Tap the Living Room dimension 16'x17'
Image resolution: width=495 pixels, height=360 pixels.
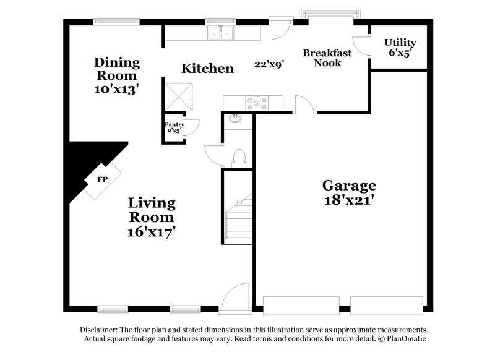[x=152, y=233]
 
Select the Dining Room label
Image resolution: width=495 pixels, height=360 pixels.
[x=116, y=68]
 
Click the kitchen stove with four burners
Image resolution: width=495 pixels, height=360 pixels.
[x=257, y=103]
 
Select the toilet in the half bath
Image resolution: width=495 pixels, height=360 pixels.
[x=238, y=158]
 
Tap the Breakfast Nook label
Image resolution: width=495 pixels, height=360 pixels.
[x=327, y=58]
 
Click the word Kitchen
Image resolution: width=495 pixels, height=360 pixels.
[x=207, y=68]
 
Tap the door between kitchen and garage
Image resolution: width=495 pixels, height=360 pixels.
[x=304, y=106]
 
